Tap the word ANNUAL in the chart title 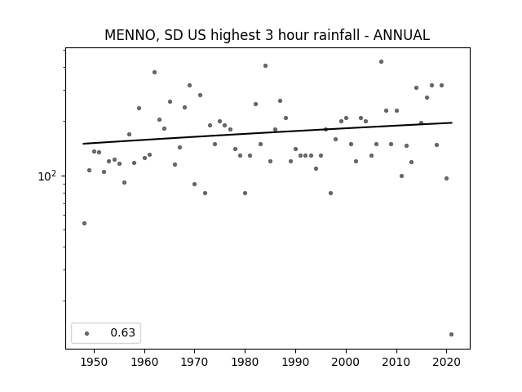401,35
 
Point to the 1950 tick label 94,362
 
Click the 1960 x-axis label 144,362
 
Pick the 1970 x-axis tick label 195,362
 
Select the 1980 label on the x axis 245,362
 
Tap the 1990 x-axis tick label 295,362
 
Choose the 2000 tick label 346,362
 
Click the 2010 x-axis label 396,362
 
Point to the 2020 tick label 447,362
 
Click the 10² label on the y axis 47,176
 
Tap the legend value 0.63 123,332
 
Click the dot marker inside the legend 87,333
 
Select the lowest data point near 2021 451,334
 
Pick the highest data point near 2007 381,62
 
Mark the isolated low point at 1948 84,223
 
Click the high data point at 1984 265,65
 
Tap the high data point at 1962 154,73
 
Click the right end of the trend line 452,122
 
